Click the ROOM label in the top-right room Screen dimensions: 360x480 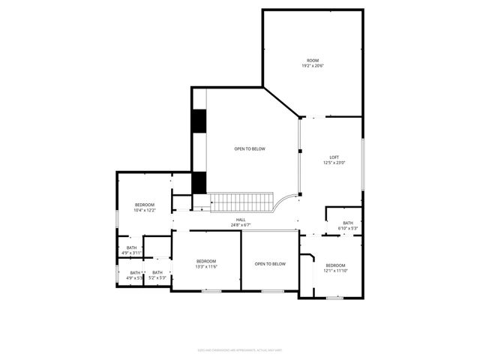(x=313, y=60)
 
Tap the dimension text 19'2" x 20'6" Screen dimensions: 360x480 (x=313, y=66)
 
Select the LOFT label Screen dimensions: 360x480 (x=334, y=157)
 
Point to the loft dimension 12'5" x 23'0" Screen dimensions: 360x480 (x=334, y=163)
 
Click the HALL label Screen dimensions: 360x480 (x=241, y=220)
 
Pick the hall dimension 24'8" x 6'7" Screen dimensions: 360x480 (x=241, y=225)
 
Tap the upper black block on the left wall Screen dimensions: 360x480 (x=199, y=121)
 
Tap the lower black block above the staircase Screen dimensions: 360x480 (x=199, y=182)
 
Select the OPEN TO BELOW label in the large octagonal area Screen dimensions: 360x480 (x=249, y=148)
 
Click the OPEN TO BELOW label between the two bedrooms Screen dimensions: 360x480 (x=270, y=263)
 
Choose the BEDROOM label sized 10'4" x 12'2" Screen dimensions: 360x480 (x=145, y=205)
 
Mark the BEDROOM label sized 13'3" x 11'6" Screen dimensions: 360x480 (x=206, y=261)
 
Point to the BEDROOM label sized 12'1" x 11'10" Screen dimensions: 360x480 (x=335, y=265)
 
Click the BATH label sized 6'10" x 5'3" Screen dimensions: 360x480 (x=348, y=223)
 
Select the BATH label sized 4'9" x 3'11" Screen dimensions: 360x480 (x=132, y=247)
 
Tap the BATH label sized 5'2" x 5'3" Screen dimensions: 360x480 (x=157, y=273)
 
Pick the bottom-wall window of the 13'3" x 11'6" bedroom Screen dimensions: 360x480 (x=211, y=291)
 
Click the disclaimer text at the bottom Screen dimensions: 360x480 (x=240, y=349)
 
